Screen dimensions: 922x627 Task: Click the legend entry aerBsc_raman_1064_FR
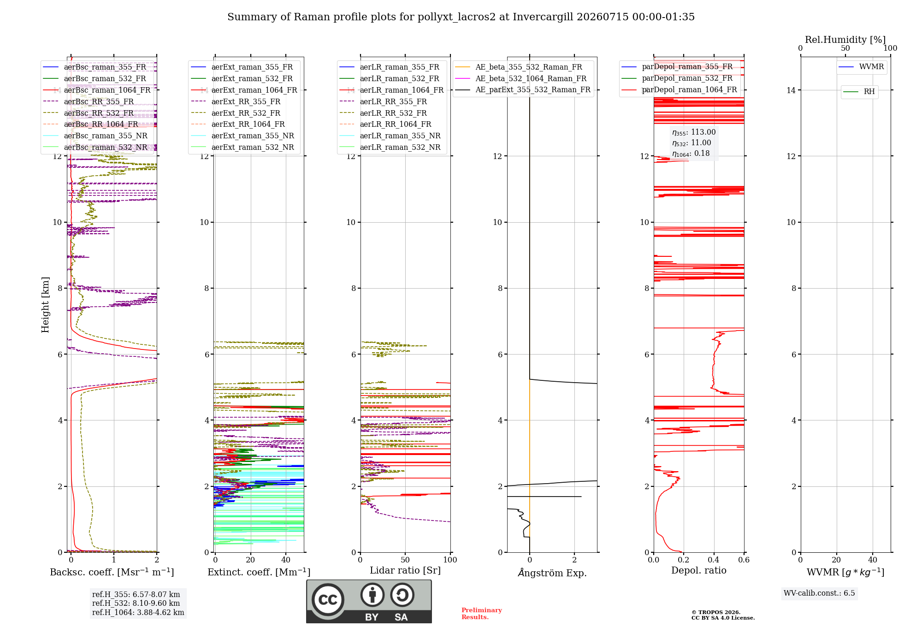[x=107, y=90]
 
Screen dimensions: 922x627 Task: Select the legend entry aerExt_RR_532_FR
[x=246, y=113]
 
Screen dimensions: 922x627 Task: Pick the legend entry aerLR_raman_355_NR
[x=400, y=136]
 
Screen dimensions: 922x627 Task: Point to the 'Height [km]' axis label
[x=45, y=305]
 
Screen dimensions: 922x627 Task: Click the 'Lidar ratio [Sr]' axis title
[x=405, y=571]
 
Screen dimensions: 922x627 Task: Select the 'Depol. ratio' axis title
[x=699, y=570]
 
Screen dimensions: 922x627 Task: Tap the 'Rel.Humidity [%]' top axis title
[x=845, y=40]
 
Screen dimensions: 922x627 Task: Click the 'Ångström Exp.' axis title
[x=552, y=573]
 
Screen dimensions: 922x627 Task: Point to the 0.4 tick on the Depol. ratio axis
[x=714, y=560]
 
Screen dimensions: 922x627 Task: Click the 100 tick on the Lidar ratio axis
[x=450, y=560]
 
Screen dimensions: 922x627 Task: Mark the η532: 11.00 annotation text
[x=691, y=143]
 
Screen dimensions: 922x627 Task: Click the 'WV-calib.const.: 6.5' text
[x=819, y=593]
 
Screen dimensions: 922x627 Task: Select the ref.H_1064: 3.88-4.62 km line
[x=138, y=612]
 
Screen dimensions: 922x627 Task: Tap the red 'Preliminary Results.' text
[x=482, y=614]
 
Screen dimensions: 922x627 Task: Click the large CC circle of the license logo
[x=328, y=600]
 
